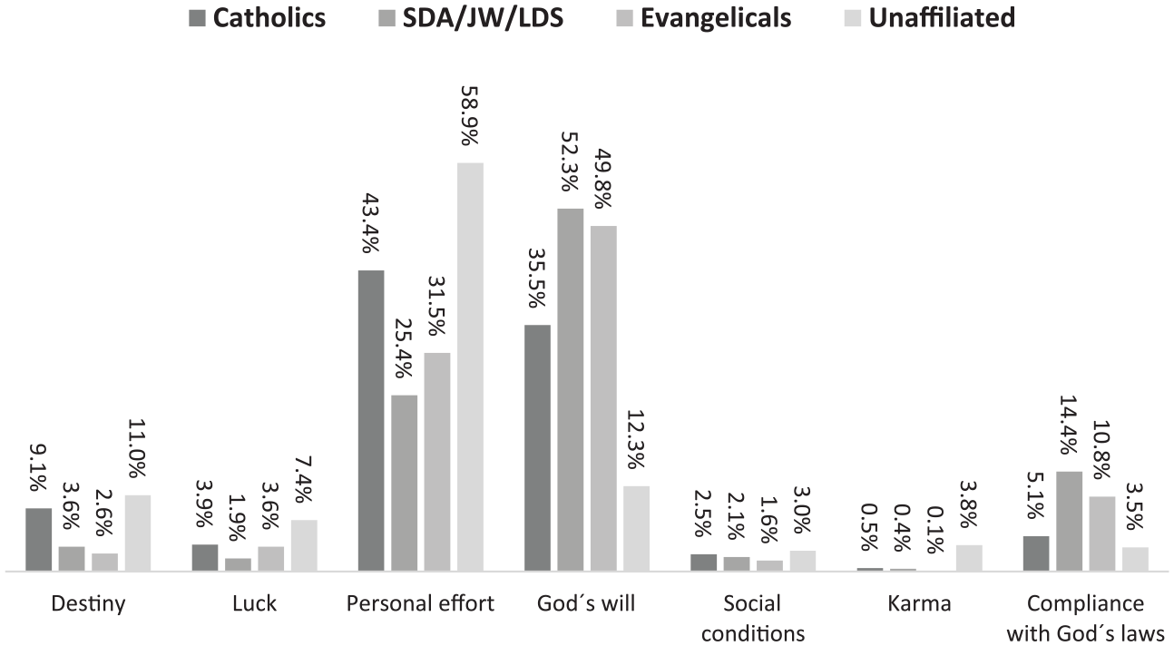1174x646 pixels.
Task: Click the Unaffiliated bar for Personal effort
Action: tap(470, 367)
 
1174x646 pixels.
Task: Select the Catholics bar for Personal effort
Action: tap(371, 421)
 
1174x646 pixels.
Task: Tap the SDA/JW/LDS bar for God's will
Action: tap(571, 390)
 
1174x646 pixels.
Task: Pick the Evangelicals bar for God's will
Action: tap(603, 398)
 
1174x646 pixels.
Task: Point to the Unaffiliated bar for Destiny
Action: tap(138, 533)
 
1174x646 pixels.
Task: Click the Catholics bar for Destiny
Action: tap(39, 540)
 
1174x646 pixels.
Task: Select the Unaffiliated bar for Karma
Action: tap(969, 558)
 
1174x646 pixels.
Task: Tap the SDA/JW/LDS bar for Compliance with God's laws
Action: tap(1069, 522)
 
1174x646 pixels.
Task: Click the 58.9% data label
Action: tap(470, 115)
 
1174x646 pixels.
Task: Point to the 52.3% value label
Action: tap(571, 161)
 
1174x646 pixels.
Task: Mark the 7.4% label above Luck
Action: tap(304, 478)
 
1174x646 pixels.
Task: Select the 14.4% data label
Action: tap(1069, 425)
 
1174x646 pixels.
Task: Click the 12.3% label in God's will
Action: tap(636, 439)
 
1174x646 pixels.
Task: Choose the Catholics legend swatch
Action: tap(197, 18)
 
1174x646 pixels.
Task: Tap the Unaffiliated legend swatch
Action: tap(853, 18)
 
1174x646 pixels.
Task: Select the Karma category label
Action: tap(919, 604)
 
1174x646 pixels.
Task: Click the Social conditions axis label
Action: tap(753, 619)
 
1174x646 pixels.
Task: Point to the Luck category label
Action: tap(254, 604)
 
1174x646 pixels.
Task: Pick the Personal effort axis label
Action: tap(420, 604)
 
